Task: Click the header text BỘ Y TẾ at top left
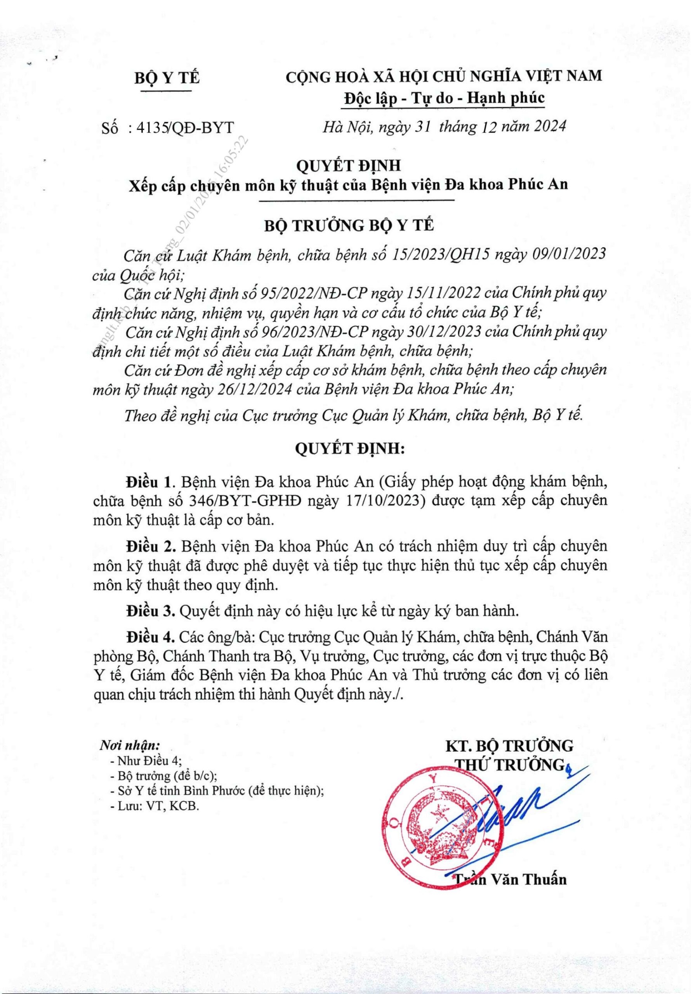pos(167,78)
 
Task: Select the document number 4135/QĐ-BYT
pos(184,128)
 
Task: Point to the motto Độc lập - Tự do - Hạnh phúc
pos(444,98)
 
